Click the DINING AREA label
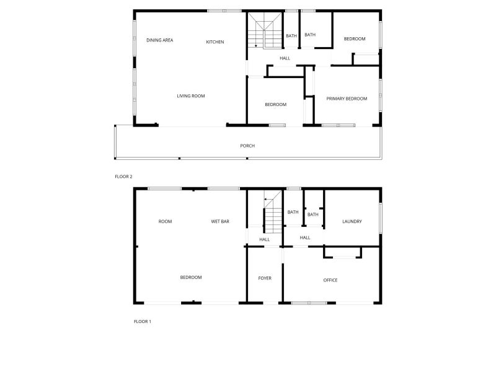click(x=160, y=40)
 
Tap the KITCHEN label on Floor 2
click(x=215, y=42)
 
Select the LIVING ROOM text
click(x=191, y=96)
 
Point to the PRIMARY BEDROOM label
click(x=347, y=99)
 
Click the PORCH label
click(x=247, y=146)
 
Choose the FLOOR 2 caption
click(x=123, y=177)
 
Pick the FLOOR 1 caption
click(x=143, y=321)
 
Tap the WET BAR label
click(x=220, y=221)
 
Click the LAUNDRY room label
click(x=352, y=221)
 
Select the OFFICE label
click(x=330, y=280)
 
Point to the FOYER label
click(x=265, y=278)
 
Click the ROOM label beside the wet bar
click(x=165, y=221)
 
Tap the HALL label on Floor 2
click(x=285, y=58)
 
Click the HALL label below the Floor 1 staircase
click(x=265, y=239)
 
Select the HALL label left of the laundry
click(x=305, y=237)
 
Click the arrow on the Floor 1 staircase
click(x=268, y=199)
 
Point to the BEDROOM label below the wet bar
click(x=191, y=277)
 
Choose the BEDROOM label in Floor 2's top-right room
click(x=355, y=39)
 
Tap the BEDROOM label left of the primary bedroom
click(x=275, y=104)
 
